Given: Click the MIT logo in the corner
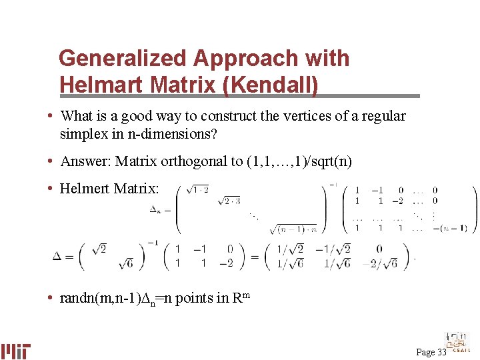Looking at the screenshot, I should (16, 351).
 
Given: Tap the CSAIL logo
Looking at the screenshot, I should (458, 343).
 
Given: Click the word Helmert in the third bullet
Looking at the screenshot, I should (84, 189).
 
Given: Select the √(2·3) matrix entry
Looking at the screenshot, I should (229, 201).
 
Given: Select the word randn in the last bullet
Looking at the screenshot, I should (76, 298).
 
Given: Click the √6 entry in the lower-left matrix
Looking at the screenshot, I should (125, 263).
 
